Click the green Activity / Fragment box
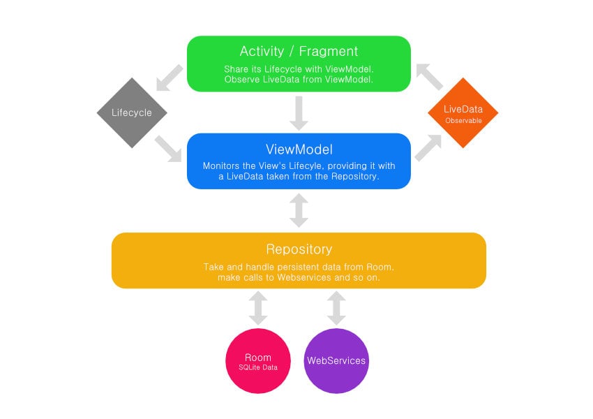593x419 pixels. coord(299,64)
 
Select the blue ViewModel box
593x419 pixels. coord(299,161)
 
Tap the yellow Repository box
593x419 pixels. coord(299,260)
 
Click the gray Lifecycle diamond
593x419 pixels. coord(132,113)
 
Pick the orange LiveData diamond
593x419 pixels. coord(463,113)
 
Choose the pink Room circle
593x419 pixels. coord(258,362)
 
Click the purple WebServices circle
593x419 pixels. coord(336,362)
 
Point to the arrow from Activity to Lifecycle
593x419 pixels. coord(169,78)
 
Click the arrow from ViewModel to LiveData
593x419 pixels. coord(428,147)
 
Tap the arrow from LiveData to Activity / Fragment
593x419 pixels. coord(428,77)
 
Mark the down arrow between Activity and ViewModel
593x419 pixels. coord(299,113)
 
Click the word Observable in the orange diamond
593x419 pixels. coord(463,121)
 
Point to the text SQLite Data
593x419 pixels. coord(258,367)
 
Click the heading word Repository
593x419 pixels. coord(299,249)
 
